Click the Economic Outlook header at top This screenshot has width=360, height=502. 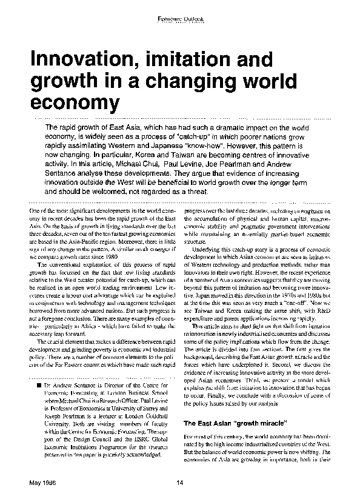click(180, 19)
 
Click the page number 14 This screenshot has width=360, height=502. click(179, 483)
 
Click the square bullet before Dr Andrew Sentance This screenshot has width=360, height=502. click(39, 386)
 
